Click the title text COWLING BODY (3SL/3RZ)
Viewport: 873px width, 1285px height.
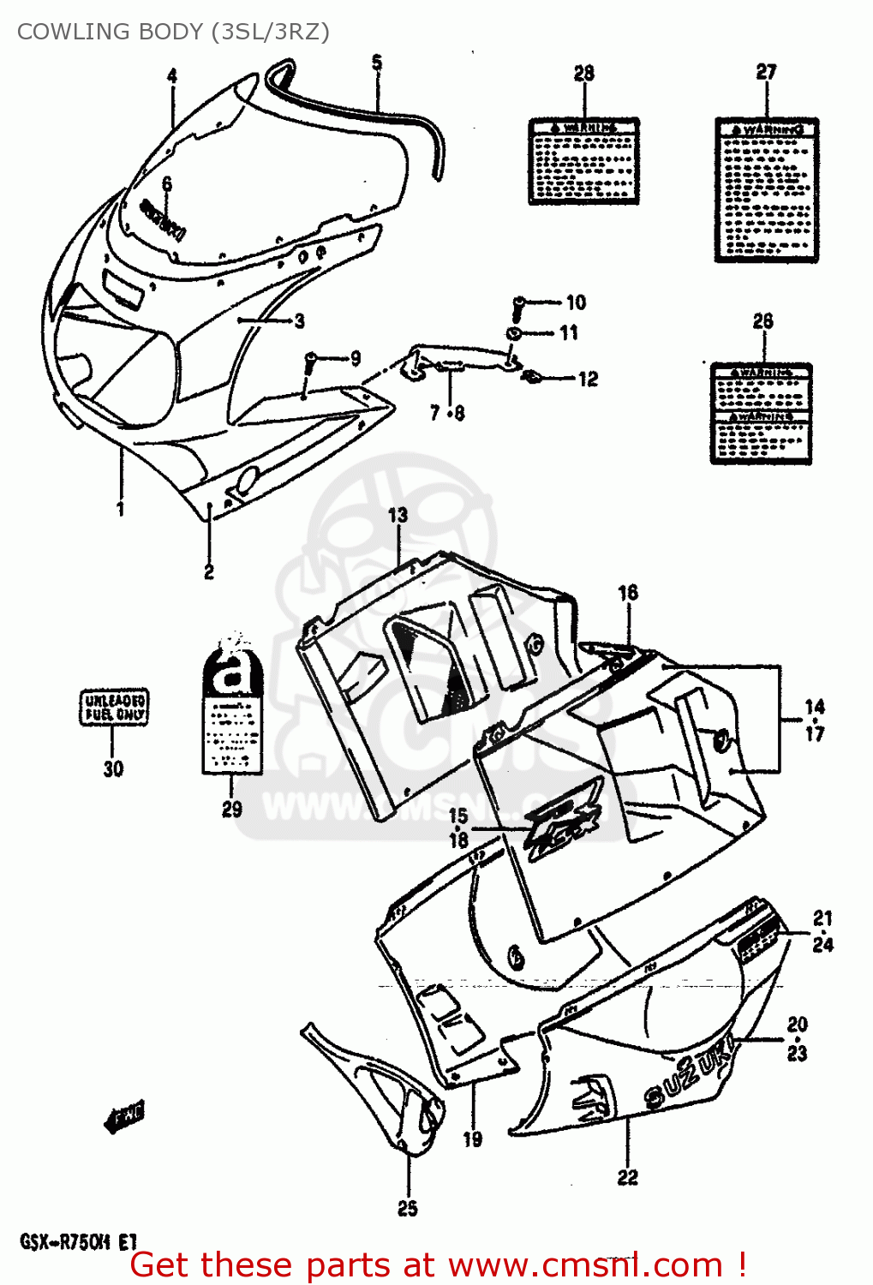click(x=173, y=32)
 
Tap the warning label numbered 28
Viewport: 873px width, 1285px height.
click(x=583, y=161)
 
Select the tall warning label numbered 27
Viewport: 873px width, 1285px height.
click(x=766, y=189)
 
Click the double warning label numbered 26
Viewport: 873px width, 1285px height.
click(x=761, y=414)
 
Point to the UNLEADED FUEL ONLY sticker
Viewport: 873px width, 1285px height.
click(x=114, y=708)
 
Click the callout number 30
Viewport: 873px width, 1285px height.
click(x=113, y=768)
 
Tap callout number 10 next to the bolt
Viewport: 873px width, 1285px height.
click(x=576, y=302)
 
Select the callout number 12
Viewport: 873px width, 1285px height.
click(x=588, y=379)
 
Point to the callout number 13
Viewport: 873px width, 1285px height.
click(x=398, y=516)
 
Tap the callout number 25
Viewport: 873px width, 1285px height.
click(x=408, y=1208)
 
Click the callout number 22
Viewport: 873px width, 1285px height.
click(x=627, y=1177)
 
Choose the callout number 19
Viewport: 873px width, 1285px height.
click(x=472, y=1139)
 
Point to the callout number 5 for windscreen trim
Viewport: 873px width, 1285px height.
click(x=377, y=63)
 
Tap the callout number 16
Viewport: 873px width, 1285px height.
click(x=628, y=592)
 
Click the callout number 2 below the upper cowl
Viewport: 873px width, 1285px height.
click(x=209, y=571)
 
